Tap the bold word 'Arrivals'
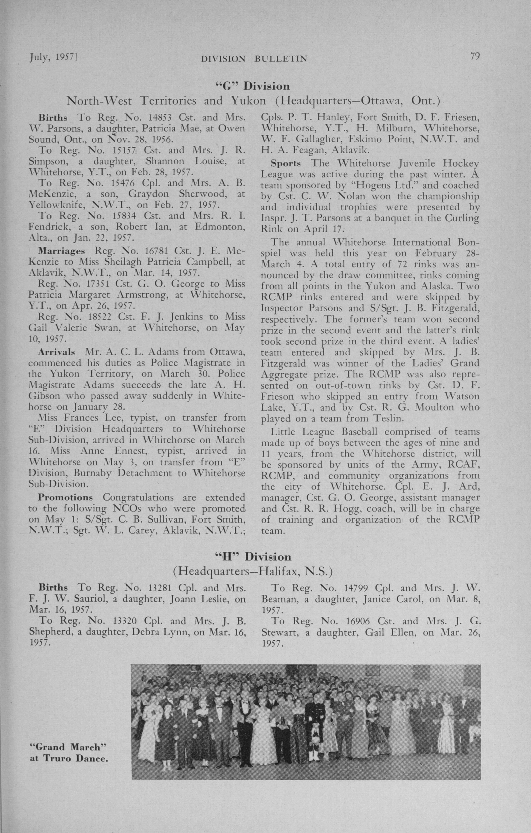(x=56, y=352)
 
